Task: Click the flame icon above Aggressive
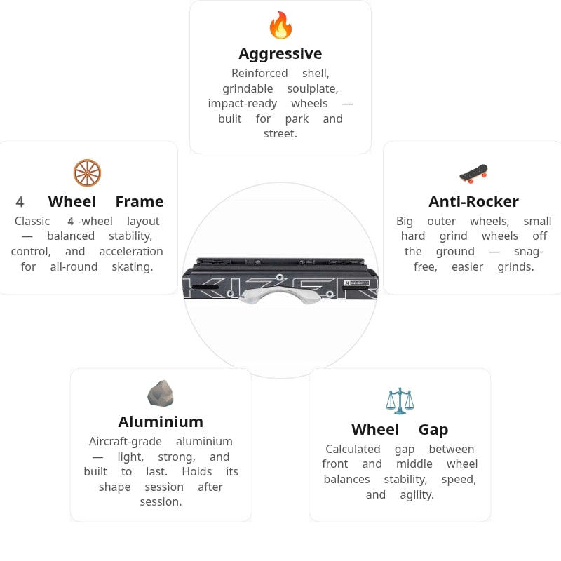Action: pos(280,25)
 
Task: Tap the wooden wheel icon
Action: pos(87,173)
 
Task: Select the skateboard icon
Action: pos(474,174)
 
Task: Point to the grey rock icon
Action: pos(161,393)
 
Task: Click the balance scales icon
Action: pos(400,401)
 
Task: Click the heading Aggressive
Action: pos(280,54)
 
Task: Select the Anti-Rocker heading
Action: pos(474,202)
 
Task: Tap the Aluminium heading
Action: pos(161,422)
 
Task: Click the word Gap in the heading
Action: pos(433,430)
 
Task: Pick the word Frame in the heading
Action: pos(140,202)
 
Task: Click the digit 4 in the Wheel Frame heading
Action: pos(20,202)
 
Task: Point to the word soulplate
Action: pos(313,89)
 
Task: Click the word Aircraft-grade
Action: pos(126,442)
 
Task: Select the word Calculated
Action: pos(353,449)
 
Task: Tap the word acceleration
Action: pos(131,252)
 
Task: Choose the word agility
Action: pos(417,495)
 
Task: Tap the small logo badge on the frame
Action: pos(356,283)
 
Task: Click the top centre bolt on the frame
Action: pos(280,277)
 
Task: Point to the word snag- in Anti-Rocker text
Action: pos(529,252)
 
